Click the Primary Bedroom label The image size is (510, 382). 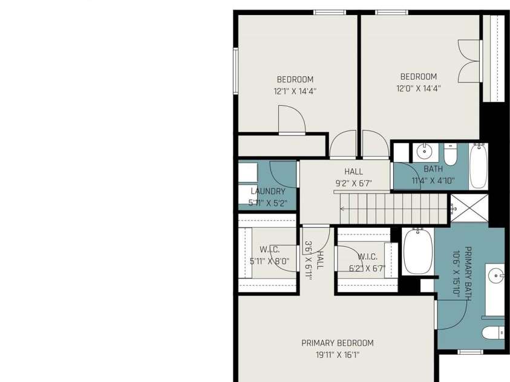(x=338, y=343)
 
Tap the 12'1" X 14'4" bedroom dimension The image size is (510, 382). (x=295, y=91)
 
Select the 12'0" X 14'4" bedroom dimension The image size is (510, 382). (x=418, y=88)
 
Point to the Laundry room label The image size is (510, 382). (x=268, y=192)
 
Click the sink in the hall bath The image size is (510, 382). (x=425, y=151)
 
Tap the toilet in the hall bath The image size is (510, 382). (x=451, y=154)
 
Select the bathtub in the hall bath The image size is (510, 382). (x=479, y=166)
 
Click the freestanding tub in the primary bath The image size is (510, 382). (x=418, y=251)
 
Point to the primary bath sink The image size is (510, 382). (x=496, y=276)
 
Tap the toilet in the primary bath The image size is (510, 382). (x=493, y=333)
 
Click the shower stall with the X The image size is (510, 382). (x=469, y=208)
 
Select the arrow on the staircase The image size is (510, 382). (x=342, y=209)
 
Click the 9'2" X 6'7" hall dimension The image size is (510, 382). (x=353, y=184)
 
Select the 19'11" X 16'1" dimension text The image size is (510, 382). (x=338, y=355)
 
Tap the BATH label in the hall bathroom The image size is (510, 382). (x=433, y=169)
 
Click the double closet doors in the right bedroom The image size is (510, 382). (x=469, y=61)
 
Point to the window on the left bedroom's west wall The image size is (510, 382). (x=235, y=71)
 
